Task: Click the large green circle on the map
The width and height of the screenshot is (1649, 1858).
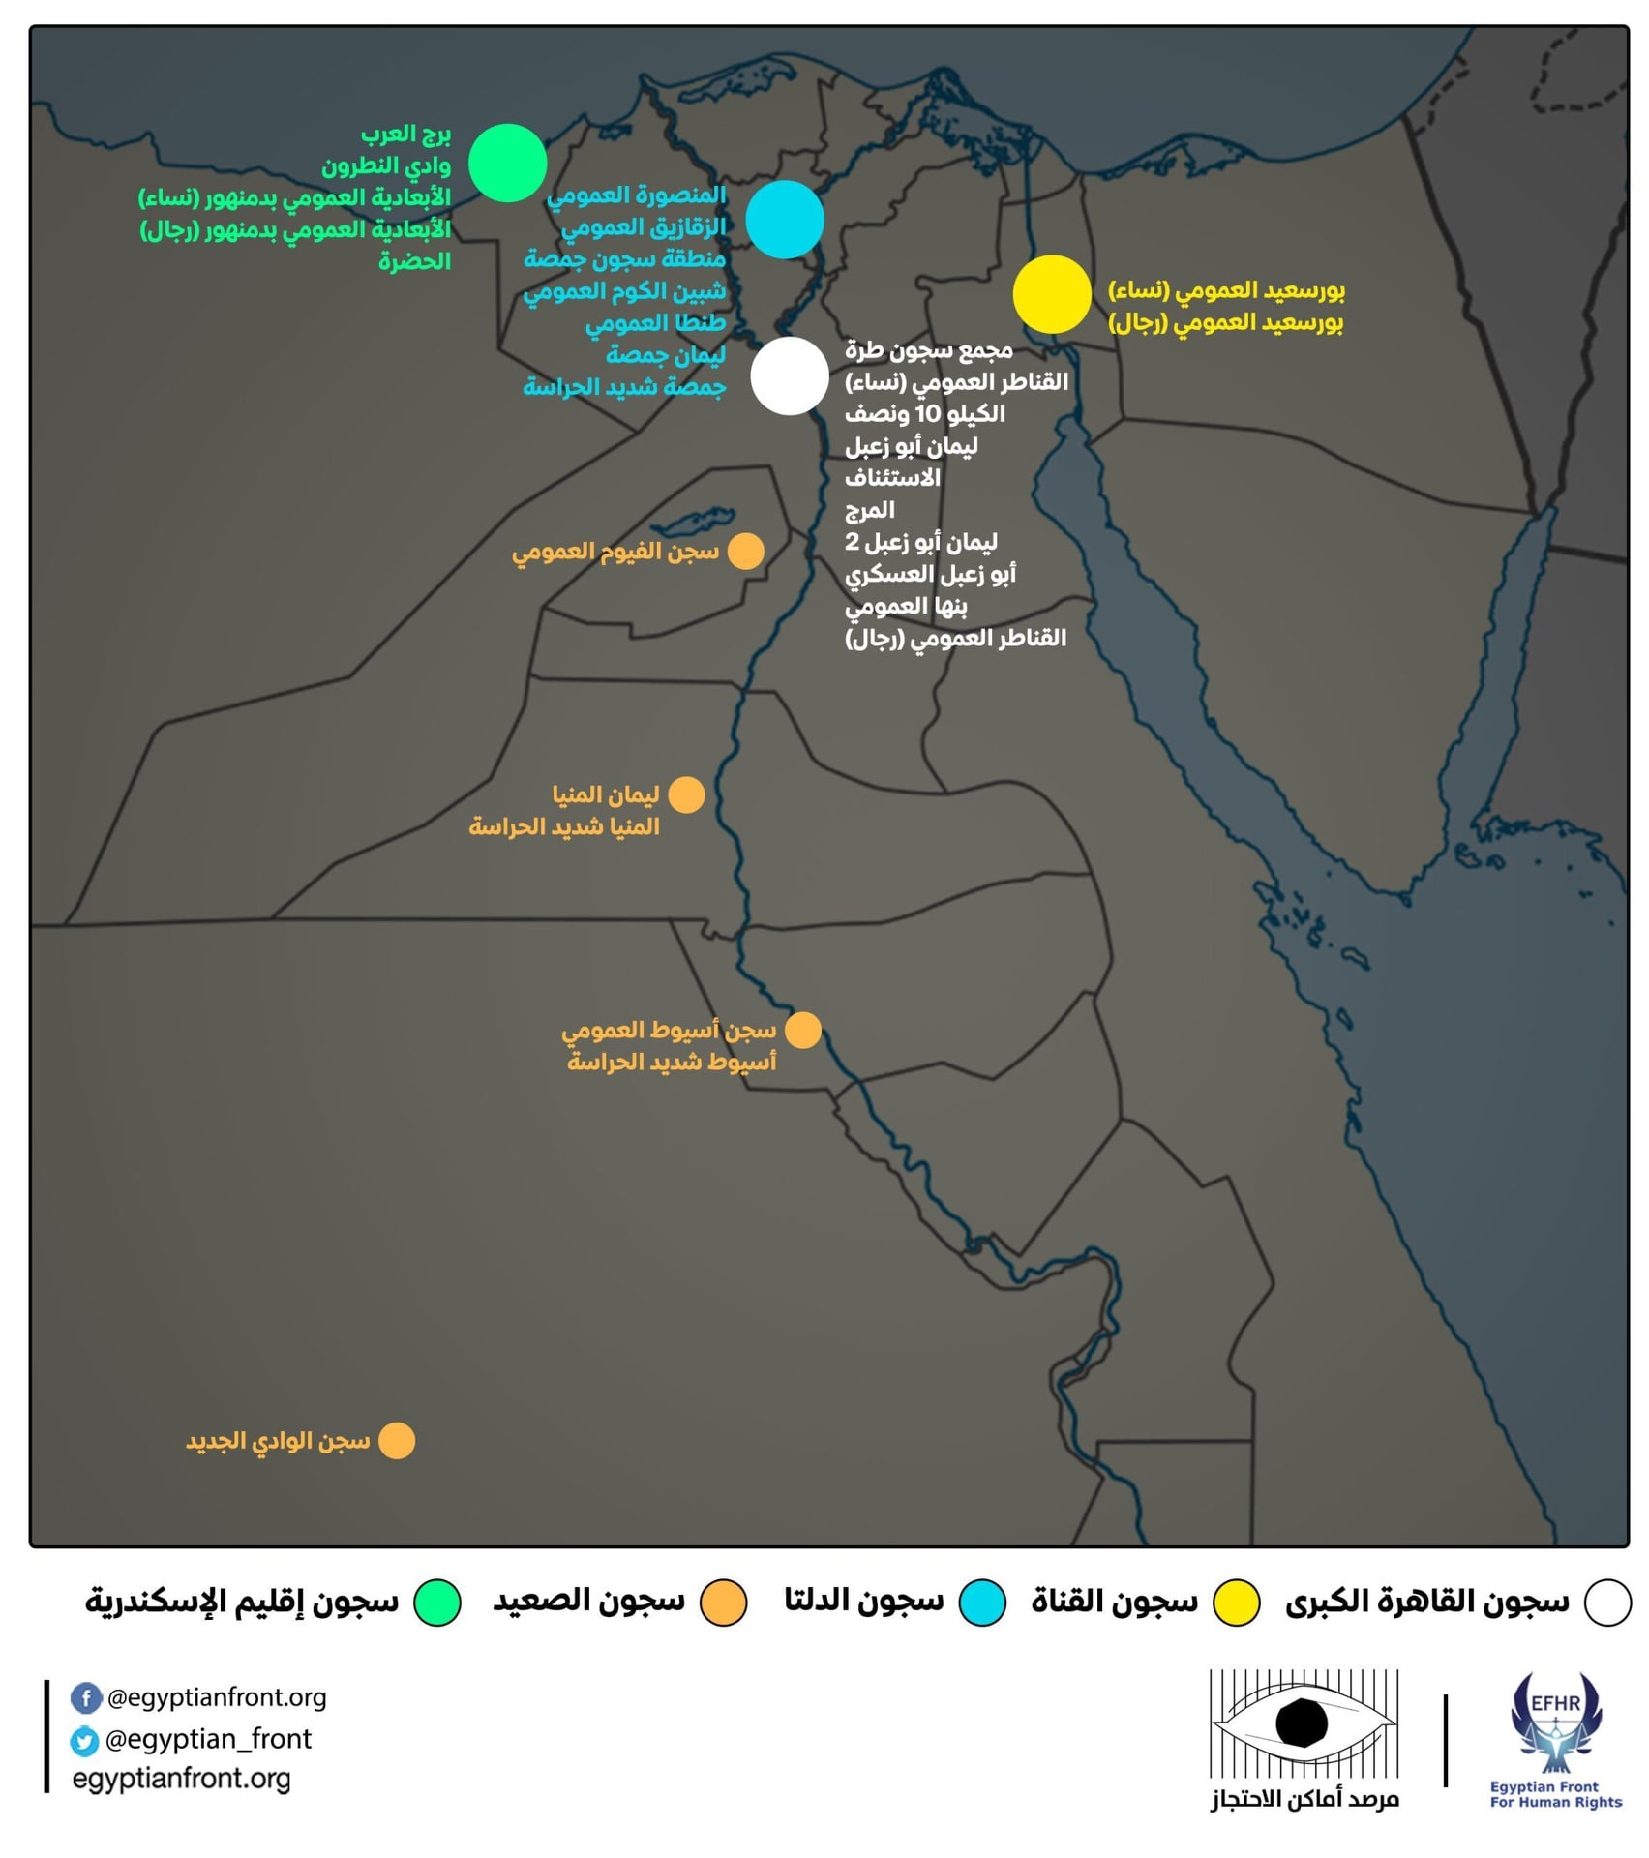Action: coord(507,163)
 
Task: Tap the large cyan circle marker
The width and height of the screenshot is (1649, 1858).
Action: coord(785,220)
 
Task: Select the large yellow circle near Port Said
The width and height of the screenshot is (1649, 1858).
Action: coord(1052,294)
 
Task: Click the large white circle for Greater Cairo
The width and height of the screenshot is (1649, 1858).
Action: coord(790,375)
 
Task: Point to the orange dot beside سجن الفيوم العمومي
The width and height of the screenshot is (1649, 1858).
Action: coord(745,552)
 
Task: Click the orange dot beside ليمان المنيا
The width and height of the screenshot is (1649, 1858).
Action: coord(686,794)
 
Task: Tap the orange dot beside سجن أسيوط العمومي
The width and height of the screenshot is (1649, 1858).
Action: coord(802,1031)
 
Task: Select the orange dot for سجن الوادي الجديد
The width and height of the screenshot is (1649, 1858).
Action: coord(397,1440)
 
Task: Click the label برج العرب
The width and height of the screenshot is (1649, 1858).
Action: coord(405,134)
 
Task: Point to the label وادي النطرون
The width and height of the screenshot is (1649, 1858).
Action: coord(386,165)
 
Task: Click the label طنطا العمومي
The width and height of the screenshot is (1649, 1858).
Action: coord(655,323)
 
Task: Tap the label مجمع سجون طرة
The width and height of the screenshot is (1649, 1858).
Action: coord(929,349)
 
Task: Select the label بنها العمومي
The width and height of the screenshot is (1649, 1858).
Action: coord(906,607)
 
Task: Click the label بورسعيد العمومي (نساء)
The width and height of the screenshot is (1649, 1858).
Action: coord(1226,290)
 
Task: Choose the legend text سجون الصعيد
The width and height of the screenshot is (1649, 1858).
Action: coord(588,1601)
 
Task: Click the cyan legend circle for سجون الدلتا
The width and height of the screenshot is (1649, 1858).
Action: coord(981,1602)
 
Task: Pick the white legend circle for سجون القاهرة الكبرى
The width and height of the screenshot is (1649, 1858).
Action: coord(1607,1602)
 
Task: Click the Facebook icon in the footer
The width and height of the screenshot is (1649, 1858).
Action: coord(86,1697)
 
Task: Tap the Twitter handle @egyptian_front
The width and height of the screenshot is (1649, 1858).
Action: coord(208,1739)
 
